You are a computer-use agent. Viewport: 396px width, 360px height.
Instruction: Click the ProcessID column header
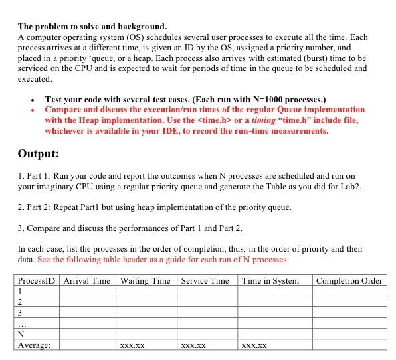point(37,280)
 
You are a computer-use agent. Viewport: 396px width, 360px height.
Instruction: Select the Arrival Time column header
point(87,280)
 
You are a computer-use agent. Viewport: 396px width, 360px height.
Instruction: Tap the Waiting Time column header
point(145,280)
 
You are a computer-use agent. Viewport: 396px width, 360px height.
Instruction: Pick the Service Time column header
point(205,280)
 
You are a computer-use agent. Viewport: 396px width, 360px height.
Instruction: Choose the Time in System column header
point(270,280)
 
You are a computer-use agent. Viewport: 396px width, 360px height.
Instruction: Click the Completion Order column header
point(349,280)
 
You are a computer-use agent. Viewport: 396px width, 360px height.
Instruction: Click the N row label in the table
point(21,334)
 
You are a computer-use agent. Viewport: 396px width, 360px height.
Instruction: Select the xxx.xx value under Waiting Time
point(133,346)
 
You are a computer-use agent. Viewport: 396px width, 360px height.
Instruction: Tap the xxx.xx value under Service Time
point(193,346)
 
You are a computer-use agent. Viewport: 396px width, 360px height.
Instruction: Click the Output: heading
point(38,153)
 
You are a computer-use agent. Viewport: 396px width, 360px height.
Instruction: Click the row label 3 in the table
point(21,312)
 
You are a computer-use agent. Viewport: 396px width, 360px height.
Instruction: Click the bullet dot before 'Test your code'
point(33,99)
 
